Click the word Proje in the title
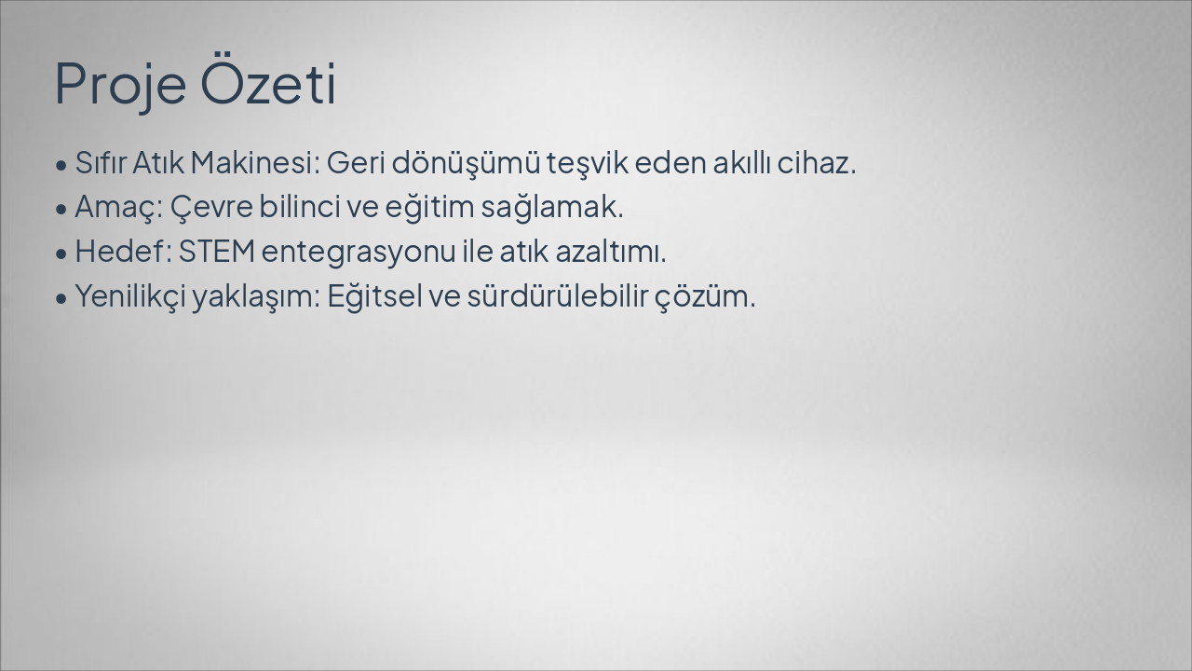click(x=122, y=84)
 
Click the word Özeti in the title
click(x=268, y=84)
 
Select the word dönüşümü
click(x=466, y=163)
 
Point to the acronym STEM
click(x=216, y=252)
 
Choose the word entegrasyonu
click(x=358, y=252)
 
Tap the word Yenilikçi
click(x=129, y=296)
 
